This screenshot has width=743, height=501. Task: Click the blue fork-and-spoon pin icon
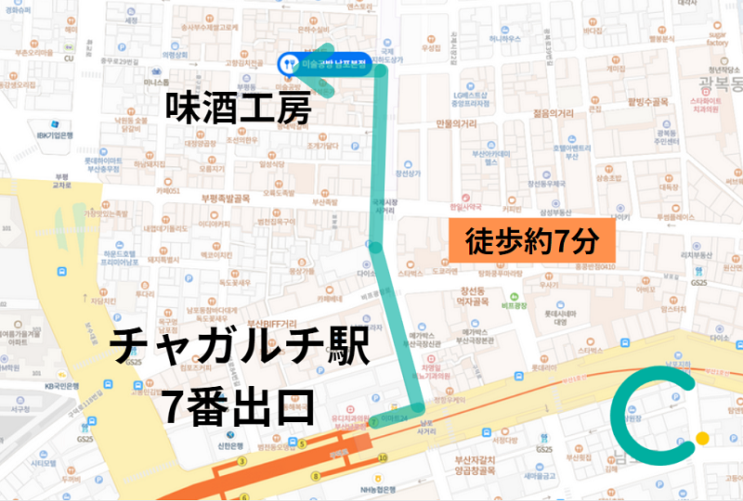289,63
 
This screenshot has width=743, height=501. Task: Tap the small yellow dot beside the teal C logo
702,438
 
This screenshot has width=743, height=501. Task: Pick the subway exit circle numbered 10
382,457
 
